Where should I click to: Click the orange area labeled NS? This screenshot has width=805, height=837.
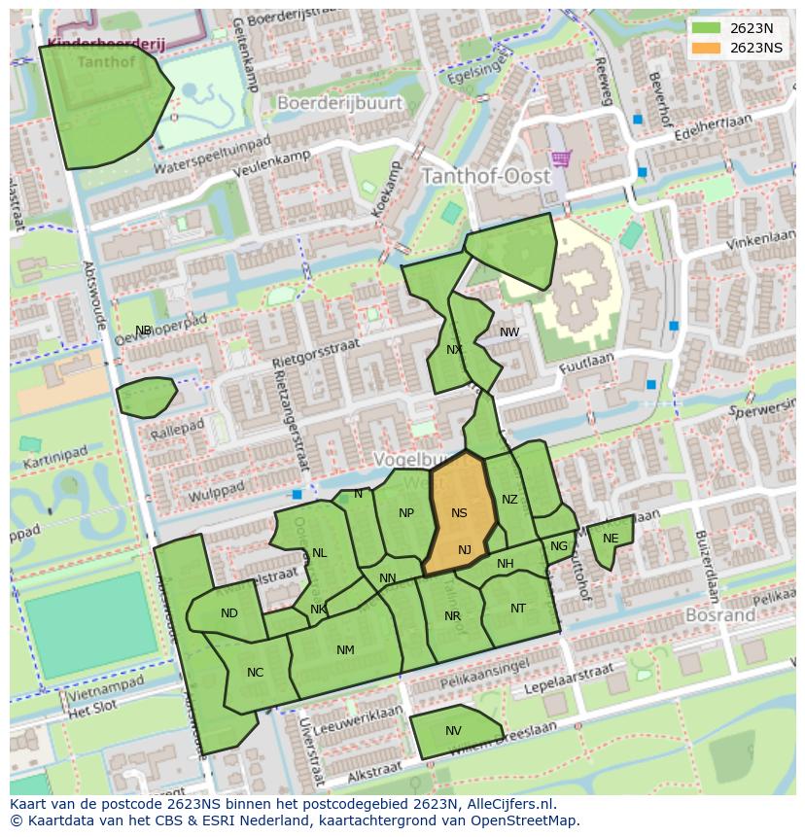(459, 512)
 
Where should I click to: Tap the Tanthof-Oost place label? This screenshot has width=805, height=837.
(485, 177)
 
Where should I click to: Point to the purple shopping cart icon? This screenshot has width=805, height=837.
(560, 157)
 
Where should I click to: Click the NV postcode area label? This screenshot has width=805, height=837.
(453, 731)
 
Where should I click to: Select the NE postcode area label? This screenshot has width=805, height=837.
(611, 539)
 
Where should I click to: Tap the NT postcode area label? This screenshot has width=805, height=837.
(518, 609)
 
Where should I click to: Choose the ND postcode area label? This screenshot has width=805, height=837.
(229, 613)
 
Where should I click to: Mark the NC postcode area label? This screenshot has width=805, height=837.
(255, 672)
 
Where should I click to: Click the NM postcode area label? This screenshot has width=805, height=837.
(345, 650)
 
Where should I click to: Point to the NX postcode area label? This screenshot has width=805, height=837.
(454, 350)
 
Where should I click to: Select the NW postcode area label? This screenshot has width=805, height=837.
(509, 332)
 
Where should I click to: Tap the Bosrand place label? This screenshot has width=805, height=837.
(720, 615)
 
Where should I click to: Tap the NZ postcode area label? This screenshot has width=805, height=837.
(509, 500)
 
